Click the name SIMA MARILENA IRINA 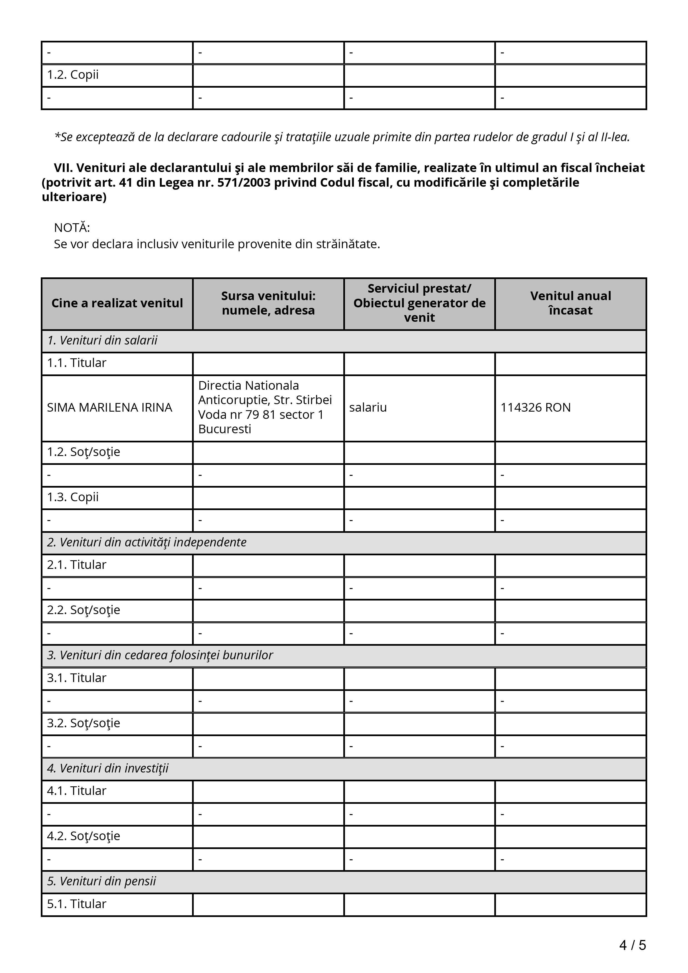pyautogui.click(x=109, y=408)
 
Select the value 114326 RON pyautogui.click(x=535, y=408)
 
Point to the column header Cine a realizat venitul pyautogui.click(x=117, y=303)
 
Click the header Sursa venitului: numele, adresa pyautogui.click(x=268, y=303)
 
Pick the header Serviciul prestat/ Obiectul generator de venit pyautogui.click(x=419, y=303)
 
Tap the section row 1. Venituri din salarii pyautogui.click(x=102, y=341)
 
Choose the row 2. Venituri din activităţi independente pyautogui.click(x=147, y=543)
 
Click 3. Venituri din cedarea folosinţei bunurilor pyautogui.click(x=160, y=656)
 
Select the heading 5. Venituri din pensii pyautogui.click(x=101, y=881)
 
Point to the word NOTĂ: pyautogui.click(x=72, y=228)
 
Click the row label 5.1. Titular pyautogui.click(x=76, y=904)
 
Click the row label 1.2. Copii pyautogui.click(x=72, y=75)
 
